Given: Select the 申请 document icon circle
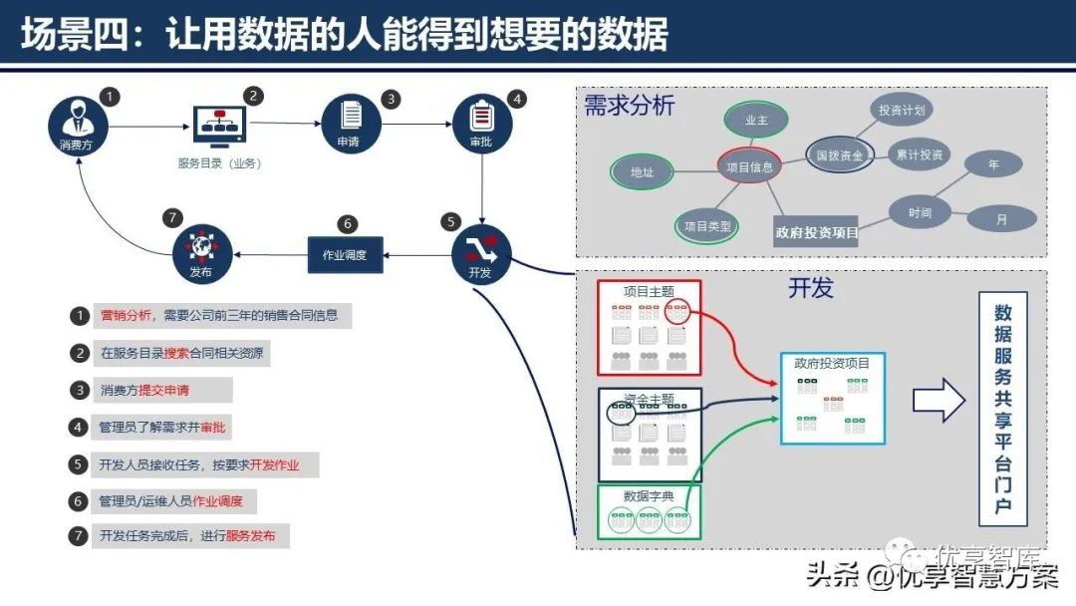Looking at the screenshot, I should point(348,124).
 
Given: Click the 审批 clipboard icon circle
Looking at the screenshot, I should point(482,124).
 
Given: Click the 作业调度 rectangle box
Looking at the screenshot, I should point(345,254).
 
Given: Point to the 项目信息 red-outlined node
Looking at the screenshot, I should point(749,167).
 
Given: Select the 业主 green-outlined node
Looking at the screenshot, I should point(757,120).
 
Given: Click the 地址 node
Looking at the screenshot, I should point(643,171).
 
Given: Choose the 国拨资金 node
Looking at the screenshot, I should point(840,156).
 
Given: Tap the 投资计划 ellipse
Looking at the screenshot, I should point(903,111).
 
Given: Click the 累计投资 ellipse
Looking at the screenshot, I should point(919,155).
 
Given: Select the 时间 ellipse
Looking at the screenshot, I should point(920,212).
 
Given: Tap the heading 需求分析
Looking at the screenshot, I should point(630,106).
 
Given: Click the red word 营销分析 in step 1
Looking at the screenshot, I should point(126,316).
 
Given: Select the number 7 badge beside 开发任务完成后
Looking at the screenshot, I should point(79,536).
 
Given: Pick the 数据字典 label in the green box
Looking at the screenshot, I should point(648,495).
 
